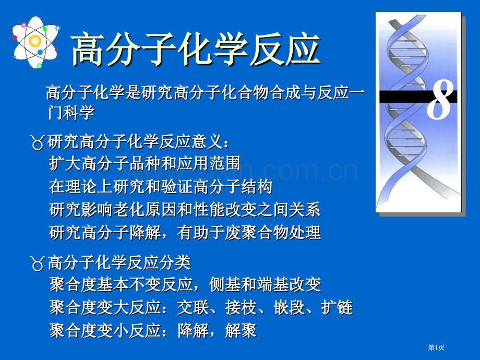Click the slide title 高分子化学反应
click(x=195, y=50)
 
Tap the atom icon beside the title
click(x=35, y=41)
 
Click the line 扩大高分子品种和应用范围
click(x=145, y=164)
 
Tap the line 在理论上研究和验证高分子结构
click(x=161, y=186)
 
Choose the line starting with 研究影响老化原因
click(x=185, y=209)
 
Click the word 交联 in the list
click(x=193, y=308)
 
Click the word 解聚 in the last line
click(x=241, y=331)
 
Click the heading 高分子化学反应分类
click(x=119, y=262)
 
